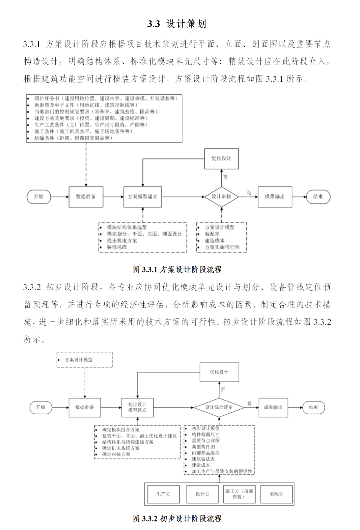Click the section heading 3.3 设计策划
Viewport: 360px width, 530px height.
177,24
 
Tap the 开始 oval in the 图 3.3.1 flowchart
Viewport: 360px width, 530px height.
39,197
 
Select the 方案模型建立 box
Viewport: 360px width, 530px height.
143,197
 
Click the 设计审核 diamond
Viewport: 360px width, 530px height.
221,197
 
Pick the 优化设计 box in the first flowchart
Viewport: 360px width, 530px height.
221,158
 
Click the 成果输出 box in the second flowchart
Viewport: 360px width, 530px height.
273,407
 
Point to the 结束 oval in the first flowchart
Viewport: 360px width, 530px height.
318,197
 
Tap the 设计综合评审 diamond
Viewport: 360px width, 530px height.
219,407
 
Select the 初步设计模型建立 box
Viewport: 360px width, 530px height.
137,407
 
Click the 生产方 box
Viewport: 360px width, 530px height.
163,494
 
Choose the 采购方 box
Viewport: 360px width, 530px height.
276,494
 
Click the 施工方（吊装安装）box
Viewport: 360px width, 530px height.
239,494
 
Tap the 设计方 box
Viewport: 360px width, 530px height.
202,494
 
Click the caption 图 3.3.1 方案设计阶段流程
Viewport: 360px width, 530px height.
177,270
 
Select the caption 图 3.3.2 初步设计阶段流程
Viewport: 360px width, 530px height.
177,519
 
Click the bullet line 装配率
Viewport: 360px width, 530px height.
212,234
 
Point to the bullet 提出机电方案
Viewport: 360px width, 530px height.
122,241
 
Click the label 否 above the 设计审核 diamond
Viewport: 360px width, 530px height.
225,177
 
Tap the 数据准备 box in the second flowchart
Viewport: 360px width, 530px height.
85,407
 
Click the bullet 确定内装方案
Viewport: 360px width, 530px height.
116,454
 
